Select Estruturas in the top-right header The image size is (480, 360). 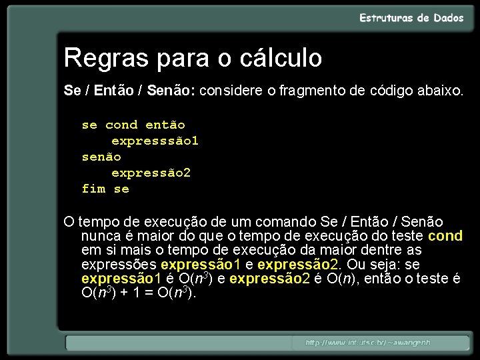click(x=387, y=18)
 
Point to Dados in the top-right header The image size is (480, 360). click(x=448, y=18)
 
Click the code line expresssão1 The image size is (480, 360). click(x=155, y=141)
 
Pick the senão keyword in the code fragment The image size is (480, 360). click(x=101, y=157)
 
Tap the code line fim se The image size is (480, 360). click(x=105, y=189)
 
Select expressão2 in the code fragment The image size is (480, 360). click(x=151, y=173)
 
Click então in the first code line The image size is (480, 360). click(x=165, y=125)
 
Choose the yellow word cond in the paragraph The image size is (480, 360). click(x=445, y=236)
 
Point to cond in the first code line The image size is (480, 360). click(x=121, y=125)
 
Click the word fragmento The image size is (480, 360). click(x=313, y=90)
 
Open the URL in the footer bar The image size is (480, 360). click(x=368, y=343)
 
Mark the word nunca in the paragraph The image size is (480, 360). click(x=99, y=236)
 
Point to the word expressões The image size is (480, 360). click(x=119, y=264)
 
